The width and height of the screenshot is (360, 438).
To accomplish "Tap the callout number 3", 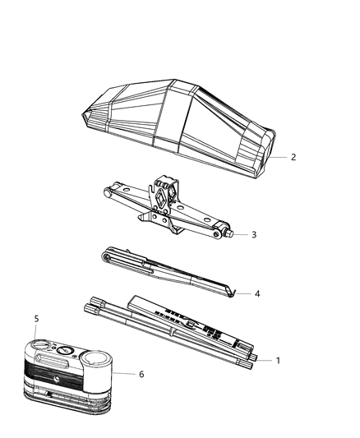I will tap(254, 234).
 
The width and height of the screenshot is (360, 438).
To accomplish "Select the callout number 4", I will tap(257, 293).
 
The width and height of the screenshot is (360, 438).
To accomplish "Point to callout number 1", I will tap(277, 360).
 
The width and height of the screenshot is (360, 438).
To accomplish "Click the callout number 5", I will tap(36, 318).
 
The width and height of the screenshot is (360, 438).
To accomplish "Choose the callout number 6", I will tap(141, 374).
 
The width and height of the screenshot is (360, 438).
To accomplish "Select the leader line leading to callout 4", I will tap(245, 293).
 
